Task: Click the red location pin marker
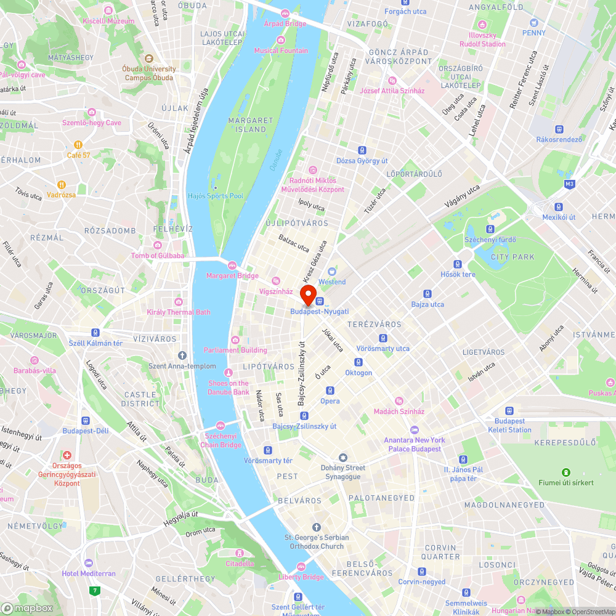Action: pos(307,293)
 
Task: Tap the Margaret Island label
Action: pos(251,124)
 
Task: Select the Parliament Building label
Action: pos(240,350)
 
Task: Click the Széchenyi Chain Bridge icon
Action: pos(221,426)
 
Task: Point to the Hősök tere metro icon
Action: pos(458,264)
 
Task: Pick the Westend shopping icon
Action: pos(332,272)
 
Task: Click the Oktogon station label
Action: pos(359,373)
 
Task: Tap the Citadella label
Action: pos(240,563)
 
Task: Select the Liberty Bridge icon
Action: pos(301,567)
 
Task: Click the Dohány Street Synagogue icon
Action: pos(343,458)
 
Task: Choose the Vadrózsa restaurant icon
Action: pos(62,184)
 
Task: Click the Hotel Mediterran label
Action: pos(89,573)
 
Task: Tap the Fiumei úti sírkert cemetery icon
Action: pos(565,472)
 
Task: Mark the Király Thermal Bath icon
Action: pos(179,302)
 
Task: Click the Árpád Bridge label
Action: pos(285,23)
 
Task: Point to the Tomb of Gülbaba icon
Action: pos(158,245)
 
